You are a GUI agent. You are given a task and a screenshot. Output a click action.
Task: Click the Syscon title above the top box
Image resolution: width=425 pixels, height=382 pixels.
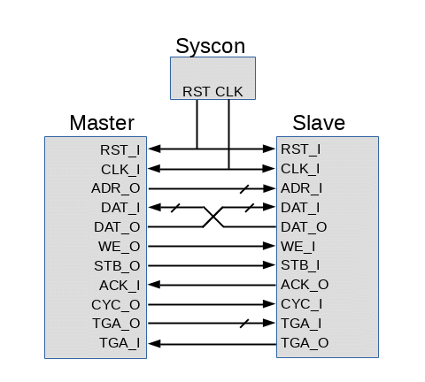point(210,47)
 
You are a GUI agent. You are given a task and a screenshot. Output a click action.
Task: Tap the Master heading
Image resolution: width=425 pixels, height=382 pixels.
point(102,123)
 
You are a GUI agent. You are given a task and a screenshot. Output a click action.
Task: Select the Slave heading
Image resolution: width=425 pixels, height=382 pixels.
point(319,123)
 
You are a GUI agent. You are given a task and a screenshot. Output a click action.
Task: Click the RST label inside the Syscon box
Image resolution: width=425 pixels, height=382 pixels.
point(197,92)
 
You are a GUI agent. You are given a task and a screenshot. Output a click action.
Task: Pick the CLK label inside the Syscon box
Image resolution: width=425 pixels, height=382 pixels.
point(229,92)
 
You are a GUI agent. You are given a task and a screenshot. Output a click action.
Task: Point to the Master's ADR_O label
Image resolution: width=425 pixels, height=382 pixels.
point(116,188)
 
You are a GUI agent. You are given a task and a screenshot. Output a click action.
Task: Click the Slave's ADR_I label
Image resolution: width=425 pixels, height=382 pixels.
point(301,188)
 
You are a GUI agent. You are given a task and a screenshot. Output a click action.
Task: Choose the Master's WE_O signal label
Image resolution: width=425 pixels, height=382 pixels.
point(120,247)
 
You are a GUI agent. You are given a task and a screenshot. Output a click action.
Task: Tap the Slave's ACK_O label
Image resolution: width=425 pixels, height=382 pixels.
point(305,285)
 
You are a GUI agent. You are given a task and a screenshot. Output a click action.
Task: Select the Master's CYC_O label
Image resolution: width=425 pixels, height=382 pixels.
point(116,304)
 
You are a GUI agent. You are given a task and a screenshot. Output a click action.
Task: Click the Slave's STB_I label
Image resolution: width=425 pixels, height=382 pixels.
point(300,265)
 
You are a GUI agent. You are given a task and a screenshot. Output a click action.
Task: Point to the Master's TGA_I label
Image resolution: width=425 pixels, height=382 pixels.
point(120,343)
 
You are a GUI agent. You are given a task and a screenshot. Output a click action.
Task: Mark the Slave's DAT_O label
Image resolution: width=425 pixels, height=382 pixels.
point(304,227)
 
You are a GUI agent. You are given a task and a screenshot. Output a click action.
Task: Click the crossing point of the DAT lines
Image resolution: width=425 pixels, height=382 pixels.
point(213,218)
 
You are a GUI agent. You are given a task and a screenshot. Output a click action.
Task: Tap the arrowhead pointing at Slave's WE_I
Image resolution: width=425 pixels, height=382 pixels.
point(269,246)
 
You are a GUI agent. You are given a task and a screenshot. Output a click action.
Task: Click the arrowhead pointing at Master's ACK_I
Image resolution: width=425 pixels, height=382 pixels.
point(154,285)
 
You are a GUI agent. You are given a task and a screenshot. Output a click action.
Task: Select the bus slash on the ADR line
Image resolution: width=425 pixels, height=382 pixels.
point(244,189)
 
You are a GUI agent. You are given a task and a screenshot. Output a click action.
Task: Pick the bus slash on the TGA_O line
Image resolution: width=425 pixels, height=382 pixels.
point(244,324)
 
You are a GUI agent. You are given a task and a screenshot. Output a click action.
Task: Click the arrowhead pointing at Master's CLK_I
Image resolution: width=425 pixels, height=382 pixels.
point(154,169)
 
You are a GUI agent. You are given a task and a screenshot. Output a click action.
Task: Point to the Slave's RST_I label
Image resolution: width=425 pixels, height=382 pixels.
point(300,149)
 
